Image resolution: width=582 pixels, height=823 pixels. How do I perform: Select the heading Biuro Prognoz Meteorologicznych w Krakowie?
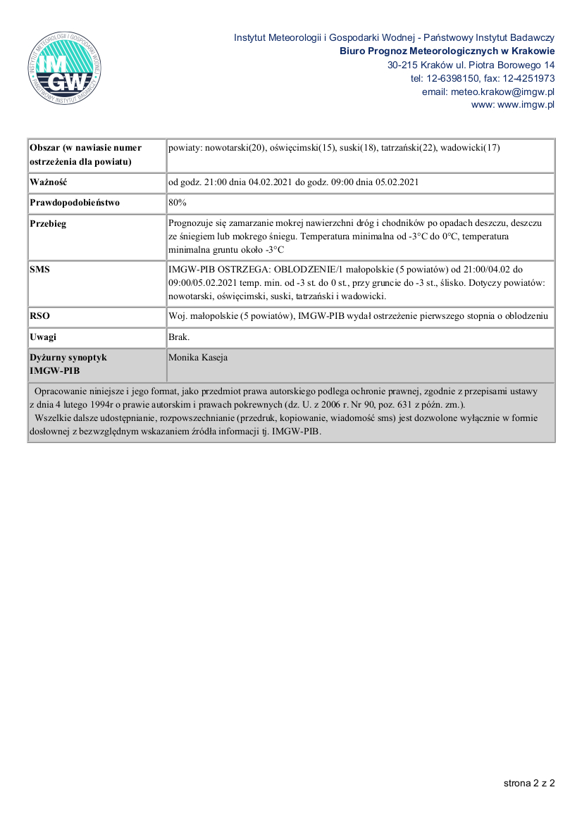(447, 51)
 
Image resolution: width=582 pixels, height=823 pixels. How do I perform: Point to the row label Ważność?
(49, 182)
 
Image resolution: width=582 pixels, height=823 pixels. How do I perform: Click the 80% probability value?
(178, 203)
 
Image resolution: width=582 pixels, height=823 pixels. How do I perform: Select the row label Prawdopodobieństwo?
(75, 203)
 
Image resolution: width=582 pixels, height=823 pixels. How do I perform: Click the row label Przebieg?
(49, 224)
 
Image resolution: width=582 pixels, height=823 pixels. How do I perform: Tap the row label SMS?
(40, 269)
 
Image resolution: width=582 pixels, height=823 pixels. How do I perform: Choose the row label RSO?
(40, 316)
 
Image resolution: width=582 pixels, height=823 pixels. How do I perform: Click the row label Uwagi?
(43, 337)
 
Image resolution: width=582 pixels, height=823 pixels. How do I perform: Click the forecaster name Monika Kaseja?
(198, 358)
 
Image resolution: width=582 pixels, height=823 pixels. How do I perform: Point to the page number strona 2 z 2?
(529, 782)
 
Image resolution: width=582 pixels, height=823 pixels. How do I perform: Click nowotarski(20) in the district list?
(235, 148)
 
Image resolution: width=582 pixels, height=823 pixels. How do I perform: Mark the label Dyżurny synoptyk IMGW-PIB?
(68, 363)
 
